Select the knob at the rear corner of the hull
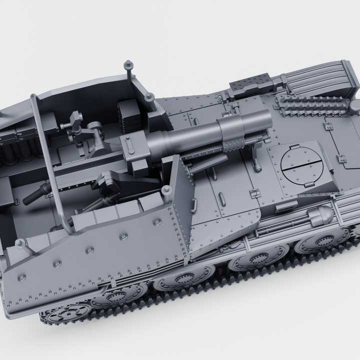coord(20,243)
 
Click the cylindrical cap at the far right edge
coord(354,106)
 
